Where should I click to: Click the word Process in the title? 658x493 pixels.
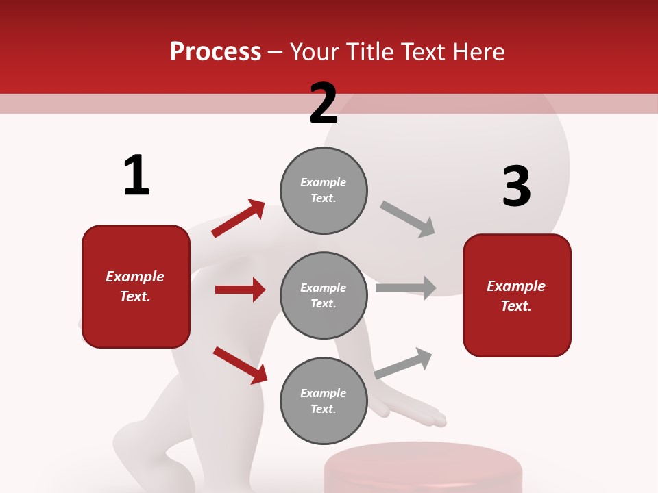click(x=215, y=52)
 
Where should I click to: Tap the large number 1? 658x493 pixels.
click(x=136, y=175)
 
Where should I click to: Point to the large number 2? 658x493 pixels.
click(x=324, y=103)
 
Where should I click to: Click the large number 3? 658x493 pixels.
click(x=516, y=187)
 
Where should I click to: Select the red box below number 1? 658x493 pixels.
click(x=136, y=286)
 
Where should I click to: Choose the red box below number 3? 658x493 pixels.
click(x=517, y=295)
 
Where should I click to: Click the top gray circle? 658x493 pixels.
click(x=324, y=190)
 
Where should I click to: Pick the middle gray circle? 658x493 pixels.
click(x=324, y=295)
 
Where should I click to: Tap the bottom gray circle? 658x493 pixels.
click(x=324, y=401)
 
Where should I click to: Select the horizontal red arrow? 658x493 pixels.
click(x=240, y=290)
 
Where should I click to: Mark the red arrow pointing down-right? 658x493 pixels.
click(x=240, y=365)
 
